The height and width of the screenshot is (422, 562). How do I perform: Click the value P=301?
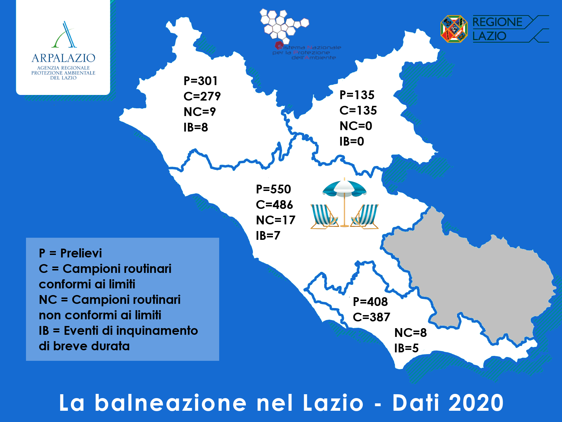(201, 81)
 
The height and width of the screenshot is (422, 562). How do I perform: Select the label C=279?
(202, 96)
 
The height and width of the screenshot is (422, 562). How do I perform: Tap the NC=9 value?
(200, 112)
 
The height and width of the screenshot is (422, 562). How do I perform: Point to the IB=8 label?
(196, 127)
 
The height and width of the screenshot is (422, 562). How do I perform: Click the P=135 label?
(357, 95)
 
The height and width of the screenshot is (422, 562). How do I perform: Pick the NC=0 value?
(355, 126)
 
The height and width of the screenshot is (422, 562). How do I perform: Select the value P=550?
(273, 189)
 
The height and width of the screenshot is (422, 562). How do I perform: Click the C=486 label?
(274, 205)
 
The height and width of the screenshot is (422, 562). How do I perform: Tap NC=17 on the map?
(276, 220)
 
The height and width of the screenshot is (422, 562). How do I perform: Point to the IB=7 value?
(268, 236)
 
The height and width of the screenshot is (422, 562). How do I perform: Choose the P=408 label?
(370, 302)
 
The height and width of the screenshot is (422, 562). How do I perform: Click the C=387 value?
(372, 317)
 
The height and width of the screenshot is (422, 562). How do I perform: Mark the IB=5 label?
(406, 348)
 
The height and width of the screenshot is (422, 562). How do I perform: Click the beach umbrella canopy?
(344, 188)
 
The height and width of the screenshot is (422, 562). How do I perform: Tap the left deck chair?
(324, 216)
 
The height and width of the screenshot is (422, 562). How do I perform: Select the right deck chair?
(365, 216)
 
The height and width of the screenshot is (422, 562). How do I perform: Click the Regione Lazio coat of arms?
(454, 29)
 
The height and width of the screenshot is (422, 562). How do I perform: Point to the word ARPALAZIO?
(63, 58)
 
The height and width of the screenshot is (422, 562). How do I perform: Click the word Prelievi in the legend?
(81, 254)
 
